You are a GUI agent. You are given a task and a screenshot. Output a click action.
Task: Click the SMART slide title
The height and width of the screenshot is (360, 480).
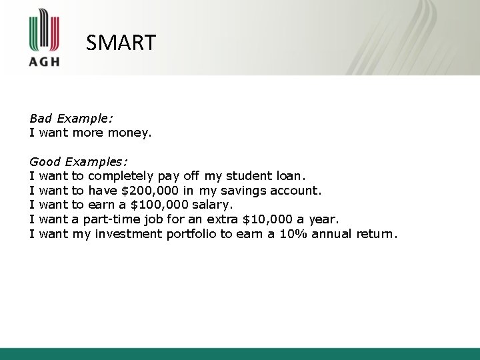pos(121,43)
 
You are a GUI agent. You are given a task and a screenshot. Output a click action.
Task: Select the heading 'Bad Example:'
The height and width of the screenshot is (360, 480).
pos(71,118)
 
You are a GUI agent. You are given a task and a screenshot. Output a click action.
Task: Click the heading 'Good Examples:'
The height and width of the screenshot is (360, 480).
pos(79,161)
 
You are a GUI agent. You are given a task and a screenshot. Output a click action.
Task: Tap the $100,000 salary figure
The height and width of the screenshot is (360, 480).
pos(161,205)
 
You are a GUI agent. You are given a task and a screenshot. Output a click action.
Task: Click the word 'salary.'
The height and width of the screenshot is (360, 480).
pos(212,205)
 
